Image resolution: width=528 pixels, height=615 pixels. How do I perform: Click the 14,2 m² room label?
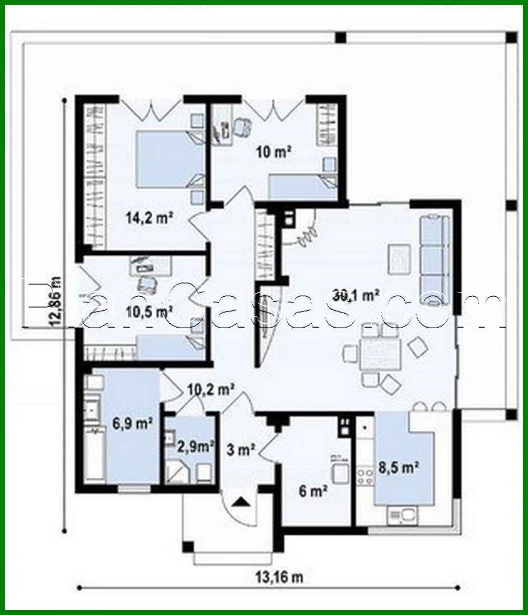[x=148, y=218]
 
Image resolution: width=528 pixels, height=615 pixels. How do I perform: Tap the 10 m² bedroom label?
[x=273, y=151]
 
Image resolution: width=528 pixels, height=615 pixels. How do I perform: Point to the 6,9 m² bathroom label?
[x=133, y=423]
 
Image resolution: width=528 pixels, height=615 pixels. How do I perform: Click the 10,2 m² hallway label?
[x=210, y=388]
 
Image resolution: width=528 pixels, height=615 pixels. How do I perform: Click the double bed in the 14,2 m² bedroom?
[x=168, y=159]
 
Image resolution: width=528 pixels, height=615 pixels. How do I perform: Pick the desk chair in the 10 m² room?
[x=242, y=127]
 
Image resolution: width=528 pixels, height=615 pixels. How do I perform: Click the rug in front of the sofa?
[x=400, y=259]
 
